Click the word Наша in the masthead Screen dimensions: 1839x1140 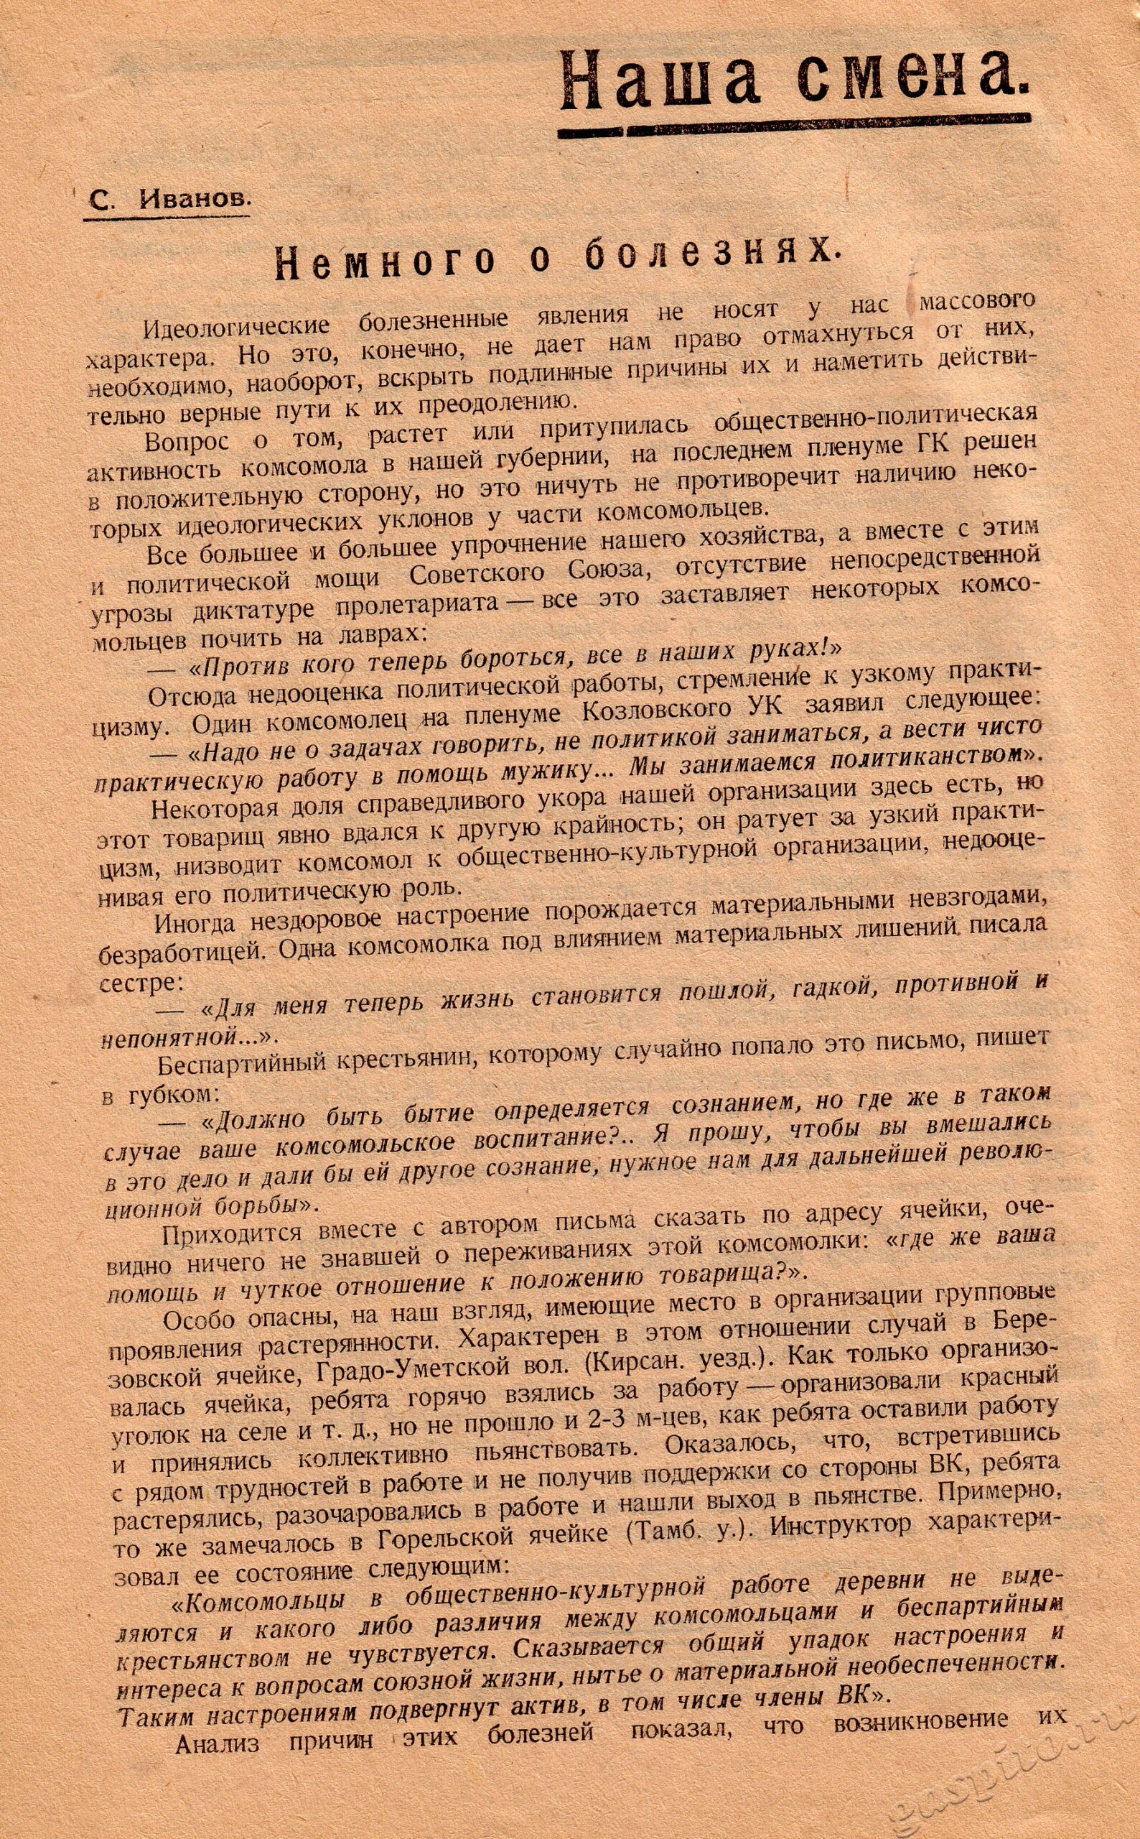point(661,80)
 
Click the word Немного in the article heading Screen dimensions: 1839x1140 point(386,261)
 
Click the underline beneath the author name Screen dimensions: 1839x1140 point(166,219)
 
